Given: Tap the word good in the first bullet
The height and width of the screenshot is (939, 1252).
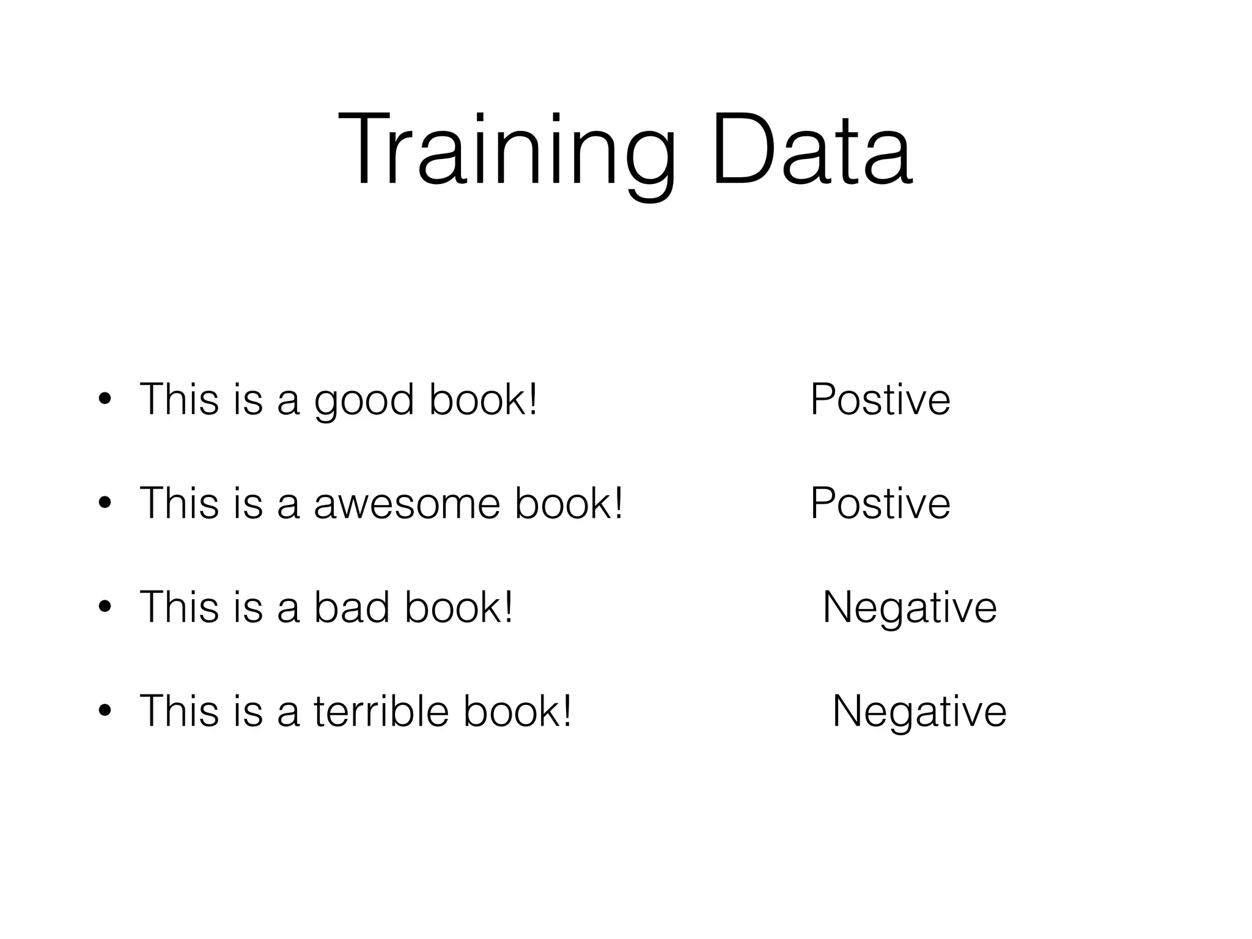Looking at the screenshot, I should (364, 401).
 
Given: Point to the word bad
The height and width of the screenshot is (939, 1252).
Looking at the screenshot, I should (352, 608).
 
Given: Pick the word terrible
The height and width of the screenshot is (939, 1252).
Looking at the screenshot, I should (380, 712).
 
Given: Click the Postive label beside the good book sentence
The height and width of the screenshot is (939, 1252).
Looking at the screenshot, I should (880, 400).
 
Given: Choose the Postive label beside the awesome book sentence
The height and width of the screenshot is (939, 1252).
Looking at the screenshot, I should (880, 504).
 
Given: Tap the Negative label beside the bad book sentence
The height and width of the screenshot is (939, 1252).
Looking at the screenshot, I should (910, 608).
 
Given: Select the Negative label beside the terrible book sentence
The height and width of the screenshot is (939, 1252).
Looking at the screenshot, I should (919, 712).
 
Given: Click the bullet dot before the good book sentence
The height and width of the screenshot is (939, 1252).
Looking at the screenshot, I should (105, 400).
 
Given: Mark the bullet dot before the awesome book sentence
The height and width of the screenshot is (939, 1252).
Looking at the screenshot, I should (105, 504).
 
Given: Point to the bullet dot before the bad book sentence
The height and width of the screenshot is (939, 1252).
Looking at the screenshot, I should (105, 608).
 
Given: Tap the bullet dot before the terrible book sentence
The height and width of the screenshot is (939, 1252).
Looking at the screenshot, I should (105, 712).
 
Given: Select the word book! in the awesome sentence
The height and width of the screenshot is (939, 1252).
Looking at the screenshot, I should (569, 504).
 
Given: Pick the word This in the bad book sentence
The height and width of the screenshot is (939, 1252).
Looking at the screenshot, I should (179, 608).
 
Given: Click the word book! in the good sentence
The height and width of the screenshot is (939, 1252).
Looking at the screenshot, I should (483, 400).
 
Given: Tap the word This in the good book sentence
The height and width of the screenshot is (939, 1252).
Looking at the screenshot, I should (179, 400).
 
